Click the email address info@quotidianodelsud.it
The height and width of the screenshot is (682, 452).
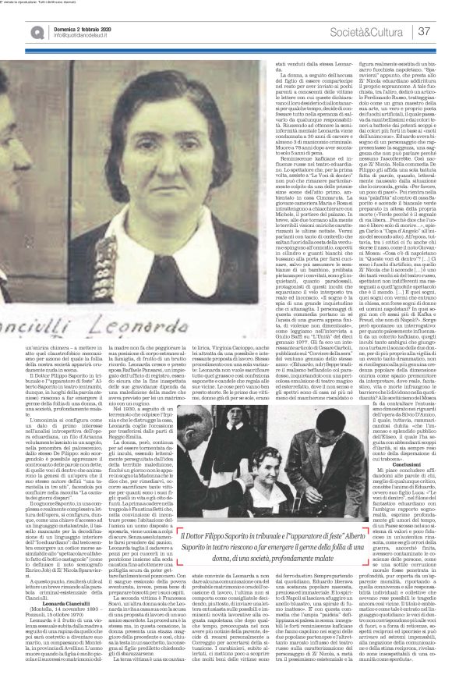click(x=63, y=35)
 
